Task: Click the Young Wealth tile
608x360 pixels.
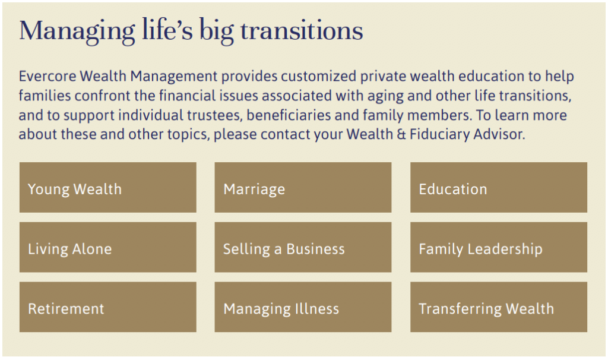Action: click(x=108, y=187)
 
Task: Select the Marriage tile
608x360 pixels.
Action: click(x=303, y=187)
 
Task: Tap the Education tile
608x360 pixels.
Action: click(x=499, y=187)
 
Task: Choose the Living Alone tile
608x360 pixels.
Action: click(x=108, y=247)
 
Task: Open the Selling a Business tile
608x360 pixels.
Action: click(x=303, y=247)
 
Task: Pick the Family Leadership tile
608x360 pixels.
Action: click(x=499, y=247)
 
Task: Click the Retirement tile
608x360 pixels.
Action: click(x=108, y=307)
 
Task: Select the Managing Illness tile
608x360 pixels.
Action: click(x=303, y=307)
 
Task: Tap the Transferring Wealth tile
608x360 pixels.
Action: click(x=499, y=307)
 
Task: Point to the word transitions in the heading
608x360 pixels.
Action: click(x=302, y=30)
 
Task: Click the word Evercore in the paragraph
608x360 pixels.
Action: click(x=47, y=76)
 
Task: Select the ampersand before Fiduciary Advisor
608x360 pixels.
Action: click(x=401, y=134)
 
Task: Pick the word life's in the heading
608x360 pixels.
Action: click(x=167, y=30)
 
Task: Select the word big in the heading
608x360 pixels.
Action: click(x=216, y=32)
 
